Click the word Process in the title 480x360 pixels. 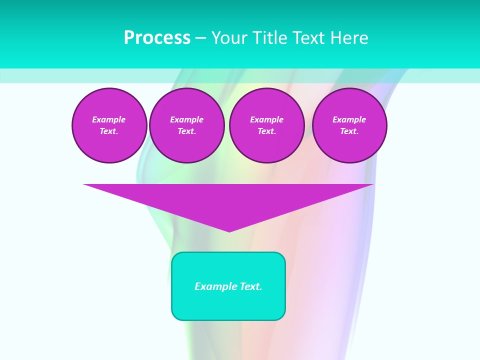(x=157, y=38)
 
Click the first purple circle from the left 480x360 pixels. (x=109, y=125)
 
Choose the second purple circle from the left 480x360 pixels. (x=186, y=125)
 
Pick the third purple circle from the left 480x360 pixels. (x=266, y=125)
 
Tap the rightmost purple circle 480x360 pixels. (x=349, y=125)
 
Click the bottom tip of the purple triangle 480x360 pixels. (x=229, y=231)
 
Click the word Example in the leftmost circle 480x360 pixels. (x=109, y=119)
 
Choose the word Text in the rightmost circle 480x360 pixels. (x=349, y=131)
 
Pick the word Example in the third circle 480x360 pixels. (x=266, y=119)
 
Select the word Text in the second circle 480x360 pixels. (x=186, y=131)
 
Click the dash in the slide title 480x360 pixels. (x=201, y=38)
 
